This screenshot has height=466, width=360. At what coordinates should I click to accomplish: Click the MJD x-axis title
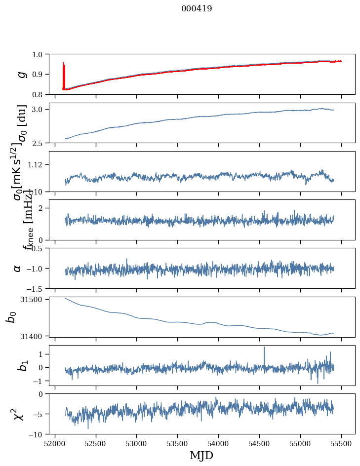201,455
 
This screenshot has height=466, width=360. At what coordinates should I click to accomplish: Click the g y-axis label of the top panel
21,74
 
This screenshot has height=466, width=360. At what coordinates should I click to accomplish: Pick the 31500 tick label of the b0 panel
35,299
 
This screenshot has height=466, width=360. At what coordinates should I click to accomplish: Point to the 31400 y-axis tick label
35,336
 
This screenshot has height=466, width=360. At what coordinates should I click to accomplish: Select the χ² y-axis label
19,414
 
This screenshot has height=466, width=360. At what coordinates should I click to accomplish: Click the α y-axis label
18,268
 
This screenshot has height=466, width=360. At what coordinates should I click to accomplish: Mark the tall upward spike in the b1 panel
264,349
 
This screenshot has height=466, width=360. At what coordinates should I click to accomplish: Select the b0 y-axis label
11,317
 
